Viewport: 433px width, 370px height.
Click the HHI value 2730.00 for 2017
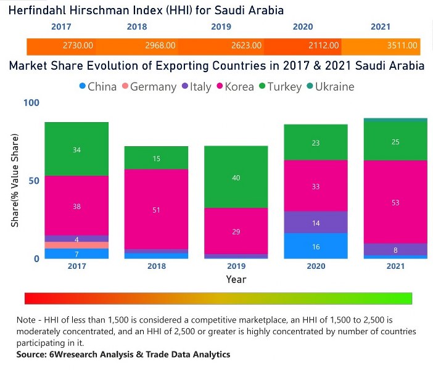(x=78, y=46)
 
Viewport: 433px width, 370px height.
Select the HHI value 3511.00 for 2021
(x=405, y=46)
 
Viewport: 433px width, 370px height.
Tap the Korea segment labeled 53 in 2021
(x=395, y=202)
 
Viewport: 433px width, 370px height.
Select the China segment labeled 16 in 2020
(x=316, y=246)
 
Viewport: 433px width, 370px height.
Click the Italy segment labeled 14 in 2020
(x=316, y=223)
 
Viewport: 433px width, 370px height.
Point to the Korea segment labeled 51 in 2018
(x=156, y=210)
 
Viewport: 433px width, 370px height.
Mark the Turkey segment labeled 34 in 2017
(x=76, y=149)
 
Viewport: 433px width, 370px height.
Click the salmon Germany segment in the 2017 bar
(x=76, y=245)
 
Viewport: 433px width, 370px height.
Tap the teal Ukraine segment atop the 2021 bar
(x=395, y=120)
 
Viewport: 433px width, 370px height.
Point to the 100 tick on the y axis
(x=31, y=102)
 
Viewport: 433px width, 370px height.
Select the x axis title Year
(x=236, y=279)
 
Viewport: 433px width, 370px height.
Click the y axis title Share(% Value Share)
(x=15, y=180)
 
